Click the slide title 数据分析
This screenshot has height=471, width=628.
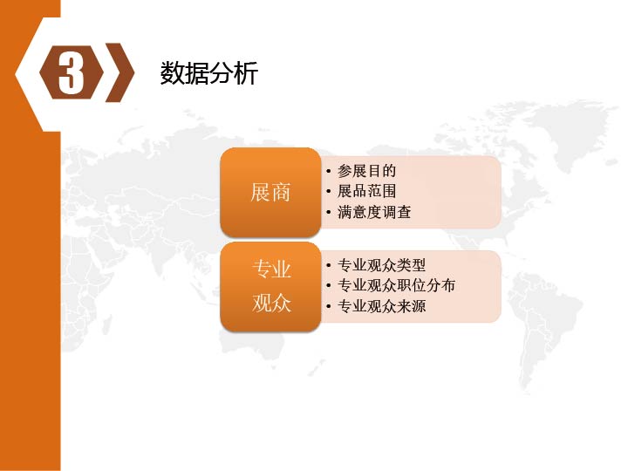click(x=208, y=73)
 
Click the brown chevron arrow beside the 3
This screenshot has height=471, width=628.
click(x=120, y=72)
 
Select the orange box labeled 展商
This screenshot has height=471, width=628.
click(x=270, y=192)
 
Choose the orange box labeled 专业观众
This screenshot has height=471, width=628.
click(x=270, y=286)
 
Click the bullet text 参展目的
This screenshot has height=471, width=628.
click(x=366, y=171)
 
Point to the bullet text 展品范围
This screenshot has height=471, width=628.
click(x=366, y=191)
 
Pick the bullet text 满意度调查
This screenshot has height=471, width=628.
click(x=374, y=212)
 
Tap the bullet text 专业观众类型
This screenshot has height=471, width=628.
click(x=381, y=265)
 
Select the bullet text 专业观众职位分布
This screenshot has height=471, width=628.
click(x=396, y=285)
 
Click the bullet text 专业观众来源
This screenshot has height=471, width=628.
click(x=381, y=306)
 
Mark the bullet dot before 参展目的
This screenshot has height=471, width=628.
click(x=329, y=172)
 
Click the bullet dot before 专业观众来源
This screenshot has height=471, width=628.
click(x=329, y=307)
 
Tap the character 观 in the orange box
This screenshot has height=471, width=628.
click(x=261, y=303)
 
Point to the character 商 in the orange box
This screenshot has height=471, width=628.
click(x=280, y=192)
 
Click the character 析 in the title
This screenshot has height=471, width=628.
click(x=245, y=73)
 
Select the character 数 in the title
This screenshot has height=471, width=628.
click(x=172, y=73)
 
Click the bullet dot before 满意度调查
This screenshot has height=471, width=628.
click(x=329, y=212)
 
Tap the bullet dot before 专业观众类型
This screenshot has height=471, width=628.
click(x=329, y=265)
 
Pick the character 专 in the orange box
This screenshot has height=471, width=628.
click(x=261, y=270)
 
